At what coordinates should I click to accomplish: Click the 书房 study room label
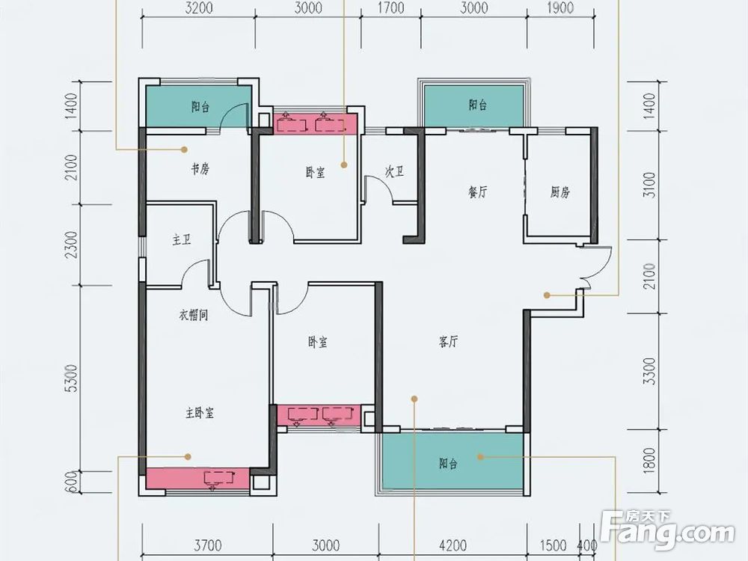(x=200, y=169)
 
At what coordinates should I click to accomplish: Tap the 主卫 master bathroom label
(x=182, y=239)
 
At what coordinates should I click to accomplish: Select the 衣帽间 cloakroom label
(x=194, y=316)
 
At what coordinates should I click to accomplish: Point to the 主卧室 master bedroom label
(x=200, y=413)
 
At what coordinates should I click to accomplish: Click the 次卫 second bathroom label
(x=394, y=172)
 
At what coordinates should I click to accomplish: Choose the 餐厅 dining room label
(x=478, y=192)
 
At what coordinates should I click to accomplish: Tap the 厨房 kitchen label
(x=560, y=192)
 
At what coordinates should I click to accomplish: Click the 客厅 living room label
(x=448, y=342)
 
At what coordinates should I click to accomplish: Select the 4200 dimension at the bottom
(x=453, y=545)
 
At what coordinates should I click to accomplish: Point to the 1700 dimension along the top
(x=390, y=8)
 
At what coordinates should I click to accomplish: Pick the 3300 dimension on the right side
(x=649, y=371)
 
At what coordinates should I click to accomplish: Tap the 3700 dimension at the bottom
(x=208, y=545)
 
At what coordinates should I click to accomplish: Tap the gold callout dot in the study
(x=184, y=150)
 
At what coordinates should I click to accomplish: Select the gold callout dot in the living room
(x=414, y=399)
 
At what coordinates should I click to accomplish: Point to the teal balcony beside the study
(x=198, y=106)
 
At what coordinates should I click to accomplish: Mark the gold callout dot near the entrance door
(x=548, y=295)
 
